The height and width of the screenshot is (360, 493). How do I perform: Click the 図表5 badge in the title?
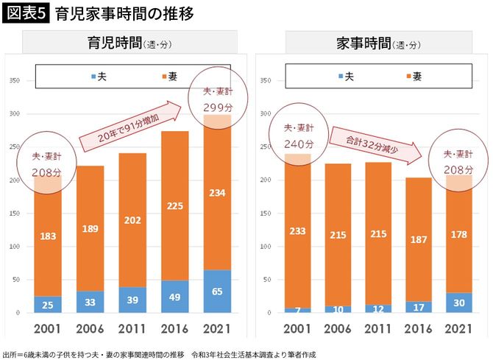(x=26, y=14)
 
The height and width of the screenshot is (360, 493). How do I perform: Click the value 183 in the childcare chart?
(x=47, y=236)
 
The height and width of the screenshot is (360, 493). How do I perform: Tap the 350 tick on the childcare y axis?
(x=13, y=80)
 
